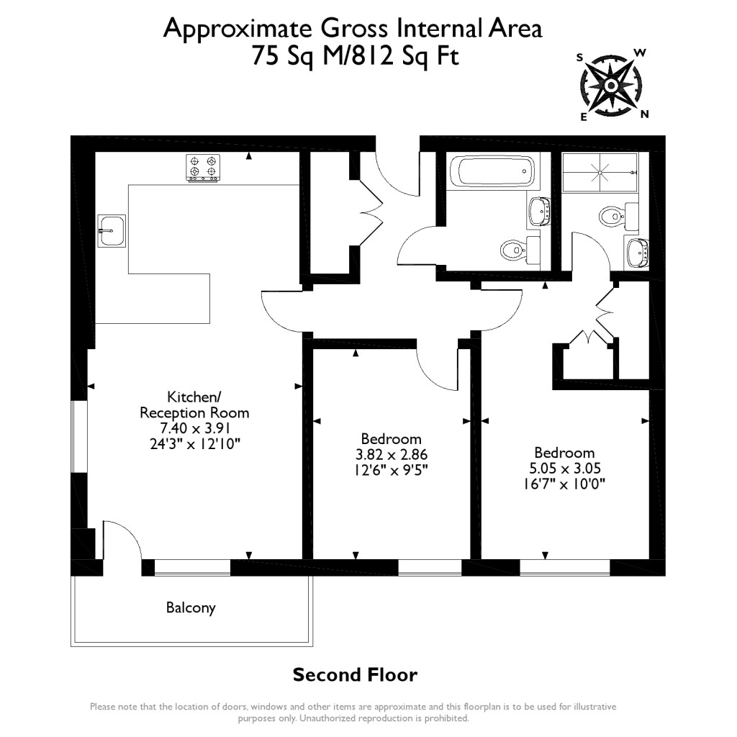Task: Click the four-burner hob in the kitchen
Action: pyautogui.click(x=202, y=168)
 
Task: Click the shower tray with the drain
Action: pyautogui.click(x=600, y=173)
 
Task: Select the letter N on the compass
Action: pyautogui.click(x=645, y=114)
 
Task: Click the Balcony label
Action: pyautogui.click(x=191, y=608)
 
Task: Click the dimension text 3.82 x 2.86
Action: pyautogui.click(x=391, y=455)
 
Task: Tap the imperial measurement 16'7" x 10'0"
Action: pyautogui.click(x=564, y=484)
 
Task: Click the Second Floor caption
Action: pyautogui.click(x=354, y=675)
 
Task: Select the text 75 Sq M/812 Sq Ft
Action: pyautogui.click(x=354, y=56)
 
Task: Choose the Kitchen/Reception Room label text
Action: pyautogui.click(x=194, y=404)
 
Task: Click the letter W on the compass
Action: pyautogui.click(x=639, y=53)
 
